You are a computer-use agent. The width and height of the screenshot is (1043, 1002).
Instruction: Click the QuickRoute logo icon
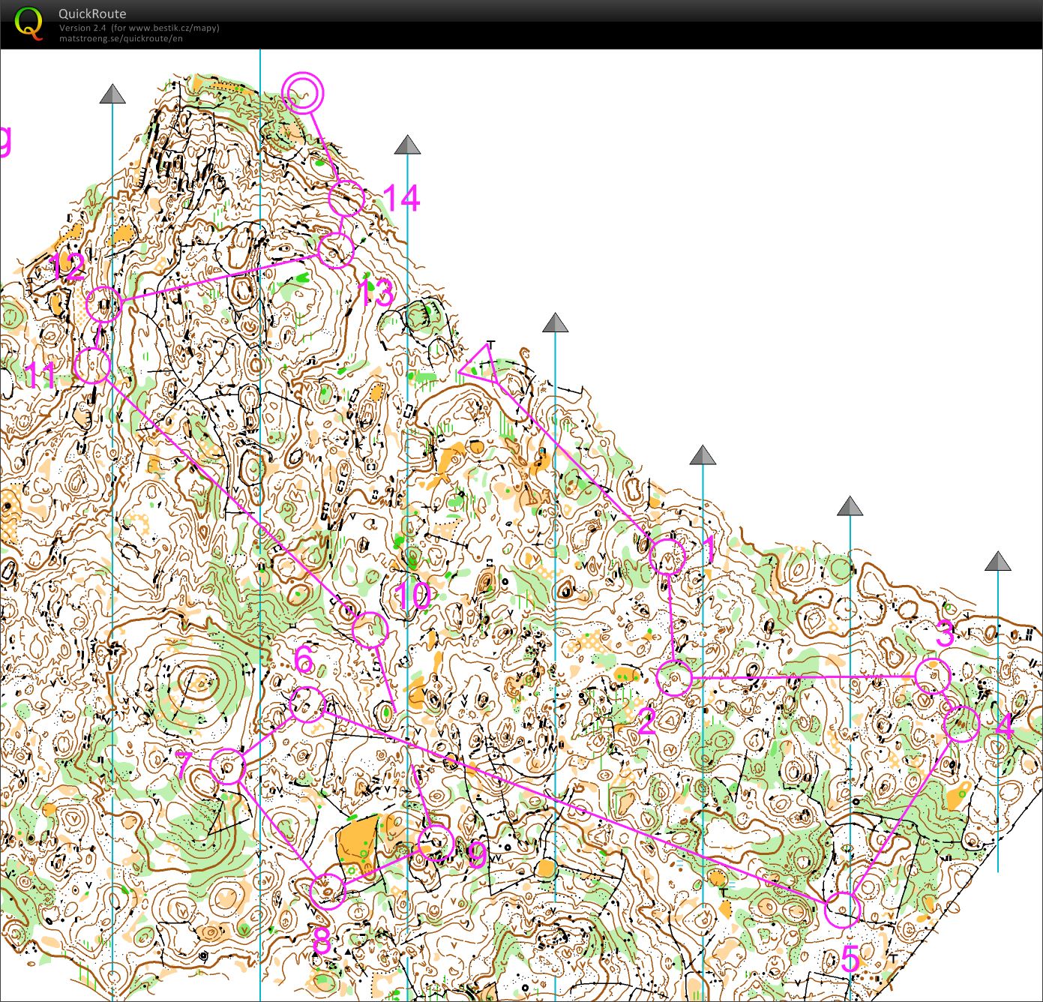pyautogui.click(x=28, y=22)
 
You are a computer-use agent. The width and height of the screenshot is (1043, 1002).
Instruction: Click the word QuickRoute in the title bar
pyautogui.click(x=92, y=13)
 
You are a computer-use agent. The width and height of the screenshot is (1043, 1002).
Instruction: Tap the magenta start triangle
pyautogui.click(x=481, y=366)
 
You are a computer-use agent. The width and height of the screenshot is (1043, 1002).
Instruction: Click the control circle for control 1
pyautogui.click(x=667, y=557)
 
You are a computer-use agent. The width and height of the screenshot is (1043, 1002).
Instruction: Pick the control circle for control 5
pyautogui.click(x=843, y=910)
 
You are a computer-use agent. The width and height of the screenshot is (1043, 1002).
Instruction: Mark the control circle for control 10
pyautogui.click(x=370, y=630)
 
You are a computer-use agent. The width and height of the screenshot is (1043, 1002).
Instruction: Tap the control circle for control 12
pyautogui.click(x=103, y=304)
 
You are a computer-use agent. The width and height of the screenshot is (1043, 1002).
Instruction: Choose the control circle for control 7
pyautogui.click(x=228, y=766)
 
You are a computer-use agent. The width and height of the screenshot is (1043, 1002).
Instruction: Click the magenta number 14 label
pyautogui.click(x=401, y=199)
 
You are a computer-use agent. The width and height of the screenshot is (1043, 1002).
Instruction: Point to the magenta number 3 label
pyautogui.click(x=946, y=634)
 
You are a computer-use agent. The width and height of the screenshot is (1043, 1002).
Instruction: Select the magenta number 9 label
pyautogui.click(x=477, y=856)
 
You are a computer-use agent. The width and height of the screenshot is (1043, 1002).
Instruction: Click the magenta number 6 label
pyautogui.click(x=304, y=661)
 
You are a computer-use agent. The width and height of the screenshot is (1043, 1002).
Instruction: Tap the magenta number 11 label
pyautogui.click(x=40, y=375)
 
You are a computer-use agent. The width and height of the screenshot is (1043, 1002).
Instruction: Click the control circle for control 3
pyautogui.click(x=933, y=676)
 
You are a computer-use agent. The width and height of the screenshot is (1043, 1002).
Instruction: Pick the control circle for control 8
pyautogui.click(x=327, y=891)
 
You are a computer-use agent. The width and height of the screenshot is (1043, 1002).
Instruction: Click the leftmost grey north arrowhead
pyautogui.click(x=112, y=94)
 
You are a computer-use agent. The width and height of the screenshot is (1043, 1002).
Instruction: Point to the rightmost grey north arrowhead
pyautogui.click(x=997, y=561)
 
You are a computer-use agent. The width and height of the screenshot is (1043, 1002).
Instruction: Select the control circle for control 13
pyautogui.click(x=335, y=250)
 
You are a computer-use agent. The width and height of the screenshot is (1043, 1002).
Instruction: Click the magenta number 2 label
pyautogui.click(x=646, y=722)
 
